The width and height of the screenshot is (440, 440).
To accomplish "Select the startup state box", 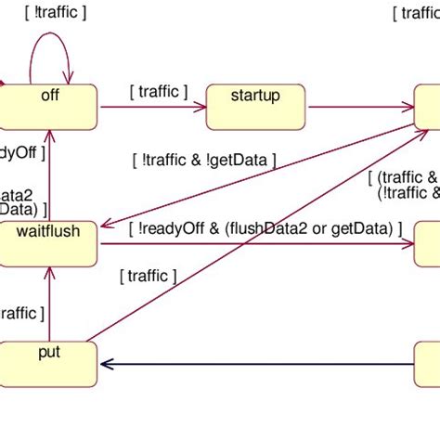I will click(256, 107).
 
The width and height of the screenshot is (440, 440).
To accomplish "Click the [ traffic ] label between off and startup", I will click(158, 91).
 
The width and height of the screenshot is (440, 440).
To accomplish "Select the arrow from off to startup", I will click(149, 108).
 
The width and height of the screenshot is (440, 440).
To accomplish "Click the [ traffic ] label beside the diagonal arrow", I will click(145, 275).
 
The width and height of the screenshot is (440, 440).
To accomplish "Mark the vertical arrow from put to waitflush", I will click(45, 306).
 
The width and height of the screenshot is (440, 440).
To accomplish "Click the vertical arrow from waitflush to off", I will click(45, 176).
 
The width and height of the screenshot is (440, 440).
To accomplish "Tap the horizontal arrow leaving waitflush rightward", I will click(260, 244).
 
